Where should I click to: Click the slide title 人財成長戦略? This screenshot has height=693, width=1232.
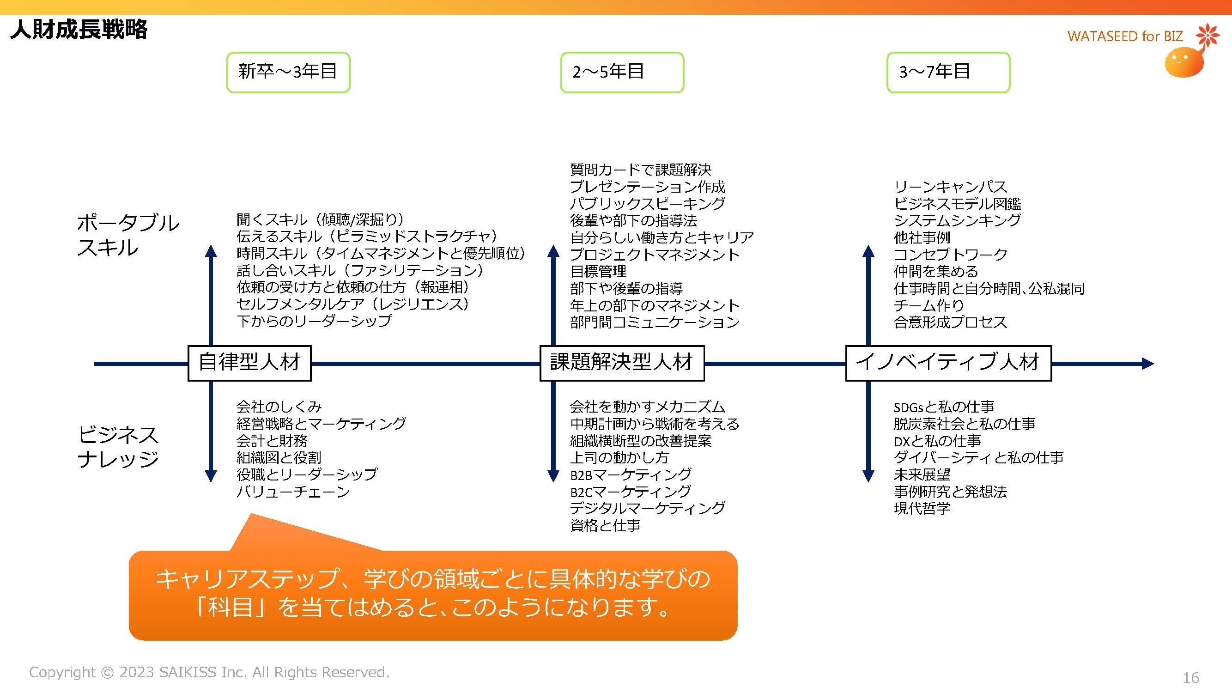tap(79, 30)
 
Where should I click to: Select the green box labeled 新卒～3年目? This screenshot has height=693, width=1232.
tap(288, 72)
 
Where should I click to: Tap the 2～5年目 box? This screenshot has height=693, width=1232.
tap(622, 72)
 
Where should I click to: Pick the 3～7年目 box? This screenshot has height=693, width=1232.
tap(948, 72)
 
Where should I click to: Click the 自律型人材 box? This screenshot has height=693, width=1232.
tap(249, 363)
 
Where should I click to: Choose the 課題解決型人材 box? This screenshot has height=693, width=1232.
tap(622, 363)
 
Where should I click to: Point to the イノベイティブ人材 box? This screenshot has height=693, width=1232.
tap(948, 363)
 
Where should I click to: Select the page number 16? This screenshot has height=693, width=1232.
tap(1190, 677)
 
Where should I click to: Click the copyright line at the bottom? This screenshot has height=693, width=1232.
tap(209, 672)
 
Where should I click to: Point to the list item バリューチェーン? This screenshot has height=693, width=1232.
tap(293, 492)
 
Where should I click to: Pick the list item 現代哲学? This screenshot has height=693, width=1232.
tap(922, 508)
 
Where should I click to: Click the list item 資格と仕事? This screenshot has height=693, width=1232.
tap(605, 525)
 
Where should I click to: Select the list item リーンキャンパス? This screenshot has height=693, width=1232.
tap(950, 187)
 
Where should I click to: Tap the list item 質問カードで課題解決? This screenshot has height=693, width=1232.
tap(640, 169)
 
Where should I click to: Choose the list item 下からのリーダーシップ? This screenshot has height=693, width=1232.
tap(314, 321)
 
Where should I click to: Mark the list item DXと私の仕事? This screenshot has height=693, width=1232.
tap(937, 440)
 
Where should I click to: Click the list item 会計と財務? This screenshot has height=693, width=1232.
tap(272, 440)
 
